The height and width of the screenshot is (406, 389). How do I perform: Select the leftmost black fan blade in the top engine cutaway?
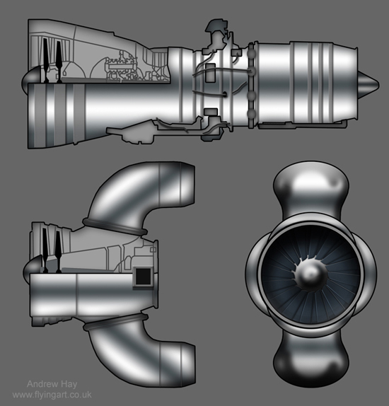40,60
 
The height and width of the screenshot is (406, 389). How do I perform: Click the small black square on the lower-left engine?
143,277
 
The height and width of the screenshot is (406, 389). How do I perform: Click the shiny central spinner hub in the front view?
310,272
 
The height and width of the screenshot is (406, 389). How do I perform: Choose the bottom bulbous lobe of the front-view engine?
309,362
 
